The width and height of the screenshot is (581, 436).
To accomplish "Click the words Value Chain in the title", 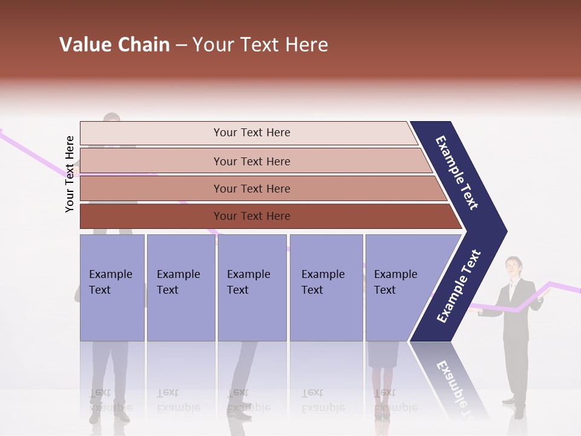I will tap(114, 45).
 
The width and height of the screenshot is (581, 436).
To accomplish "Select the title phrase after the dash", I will tap(260, 45).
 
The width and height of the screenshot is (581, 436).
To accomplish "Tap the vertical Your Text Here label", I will tap(70, 174).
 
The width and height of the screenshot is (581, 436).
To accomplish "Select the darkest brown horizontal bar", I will tap(266, 216).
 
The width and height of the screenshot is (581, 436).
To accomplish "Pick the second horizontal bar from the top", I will tap(254, 161).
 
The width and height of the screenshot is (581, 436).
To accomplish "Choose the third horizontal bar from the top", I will tap(260, 188).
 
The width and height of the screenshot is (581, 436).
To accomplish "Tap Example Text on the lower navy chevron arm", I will tap(459, 286).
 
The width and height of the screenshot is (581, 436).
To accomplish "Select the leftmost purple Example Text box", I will tap(112, 288).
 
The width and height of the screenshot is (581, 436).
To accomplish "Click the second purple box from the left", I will tap(180, 288).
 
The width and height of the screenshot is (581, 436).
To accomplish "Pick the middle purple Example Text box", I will tap(252, 288).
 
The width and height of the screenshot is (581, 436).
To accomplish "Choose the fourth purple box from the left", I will tap(326, 288).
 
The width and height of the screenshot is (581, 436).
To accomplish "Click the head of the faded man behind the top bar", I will tap(111, 117).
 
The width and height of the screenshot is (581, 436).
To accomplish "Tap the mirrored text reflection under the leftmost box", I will tap(111, 400).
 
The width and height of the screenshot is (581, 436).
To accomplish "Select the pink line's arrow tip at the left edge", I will tap(2, 130).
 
